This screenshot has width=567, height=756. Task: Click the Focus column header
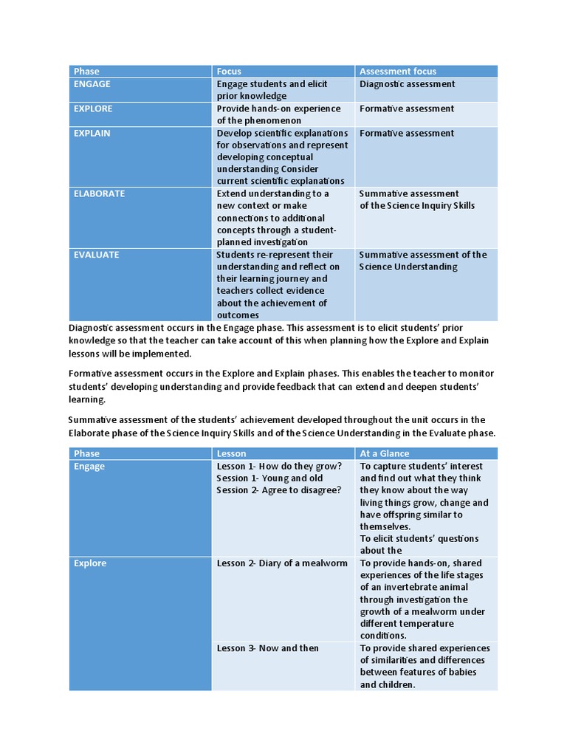(x=230, y=72)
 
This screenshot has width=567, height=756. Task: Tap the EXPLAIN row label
(x=92, y=133)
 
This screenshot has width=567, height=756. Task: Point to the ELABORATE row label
(x=99, y=193)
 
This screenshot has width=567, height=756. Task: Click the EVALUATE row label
(x=96, y=255)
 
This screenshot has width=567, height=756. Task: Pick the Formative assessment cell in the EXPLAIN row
(x=407, y=133)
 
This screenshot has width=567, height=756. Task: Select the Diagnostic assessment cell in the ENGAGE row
(x=408, y=84)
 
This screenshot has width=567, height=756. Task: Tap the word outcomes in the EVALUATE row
(x=238, y=315)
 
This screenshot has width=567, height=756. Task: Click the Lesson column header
(x=232, y=453)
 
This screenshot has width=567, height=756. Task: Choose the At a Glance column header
(x=384, y=453)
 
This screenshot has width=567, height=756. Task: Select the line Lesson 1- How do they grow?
(x=279, y=466)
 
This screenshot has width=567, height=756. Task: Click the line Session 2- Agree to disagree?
(x=279, y=490)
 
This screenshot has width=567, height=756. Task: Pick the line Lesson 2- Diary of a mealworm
(x=281, y=563)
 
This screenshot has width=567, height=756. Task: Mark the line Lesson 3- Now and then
(x=267, y=648)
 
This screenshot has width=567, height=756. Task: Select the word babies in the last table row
(x=461, y=672)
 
